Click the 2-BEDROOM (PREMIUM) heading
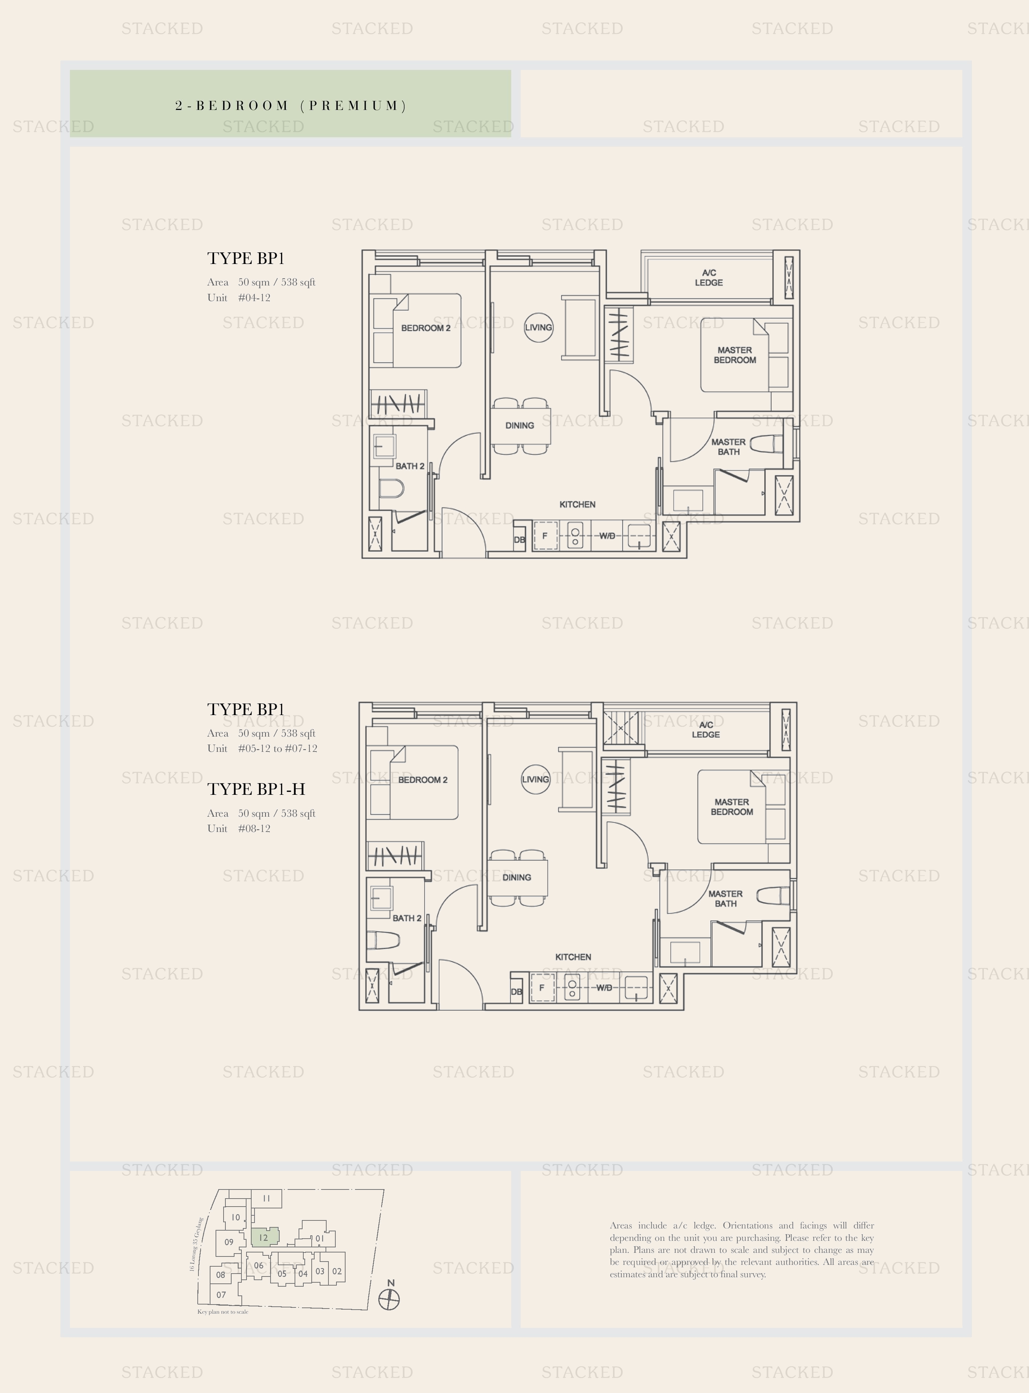pos(291,105)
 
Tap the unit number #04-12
pos(254,298)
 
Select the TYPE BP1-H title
pos(256,789)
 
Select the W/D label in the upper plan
pos(607,536)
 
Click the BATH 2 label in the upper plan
pos(410,466)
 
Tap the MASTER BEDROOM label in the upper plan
pos(735,355)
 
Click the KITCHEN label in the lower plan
pos(573,956)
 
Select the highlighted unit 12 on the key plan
pos(264,1237)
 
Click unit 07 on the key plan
pos(221,1295)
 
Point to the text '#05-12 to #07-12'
pos(278,749)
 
